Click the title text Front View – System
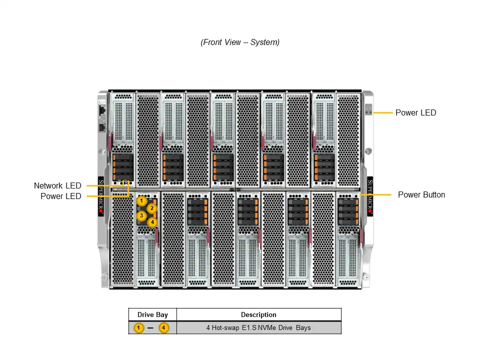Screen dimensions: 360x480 [240, 42]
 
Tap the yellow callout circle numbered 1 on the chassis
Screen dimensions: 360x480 [141, 201]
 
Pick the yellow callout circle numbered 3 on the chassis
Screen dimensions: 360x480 [141, 216]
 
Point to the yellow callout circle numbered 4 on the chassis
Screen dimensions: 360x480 [152, 222]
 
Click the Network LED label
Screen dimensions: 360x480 [57, 186]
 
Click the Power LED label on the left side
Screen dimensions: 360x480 [60, 196]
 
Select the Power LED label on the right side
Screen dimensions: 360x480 [415, 113]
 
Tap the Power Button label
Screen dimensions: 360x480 [421, 195]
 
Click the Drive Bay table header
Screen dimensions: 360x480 [152, 315]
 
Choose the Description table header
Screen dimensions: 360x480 [258, 315]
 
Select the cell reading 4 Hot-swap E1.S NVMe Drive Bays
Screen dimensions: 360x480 [258, 328]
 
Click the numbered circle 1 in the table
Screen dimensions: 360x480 [139, 328]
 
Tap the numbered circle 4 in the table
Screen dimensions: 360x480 [164, 328]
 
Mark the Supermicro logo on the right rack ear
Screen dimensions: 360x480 [370, 195]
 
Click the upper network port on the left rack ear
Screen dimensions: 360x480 [102, 109]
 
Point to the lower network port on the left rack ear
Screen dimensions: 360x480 [102, 127]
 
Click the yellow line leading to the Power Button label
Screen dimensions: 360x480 [382, 194]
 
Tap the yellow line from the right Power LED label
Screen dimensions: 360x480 [382, 113]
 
